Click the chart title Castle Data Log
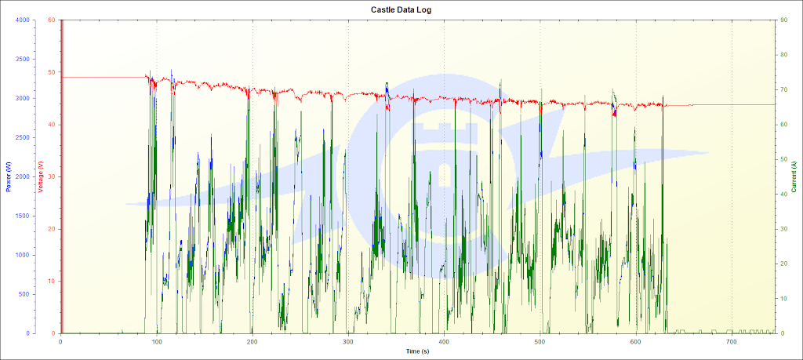pyautogui.click(x=401, y=9)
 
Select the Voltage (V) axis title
pyautogui.click(x=40, y=176)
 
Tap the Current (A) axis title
pyautogui.click(x=794, y=176)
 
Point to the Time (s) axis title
pyautogui.click(x=417, y=352)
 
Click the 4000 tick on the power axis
pyautogui.click(x=20, y=20)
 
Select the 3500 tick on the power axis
pyautogui.click(x=20, y=59)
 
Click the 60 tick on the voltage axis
pyautogui.click(x=52, y=20)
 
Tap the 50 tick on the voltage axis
pyautogui.click(x=52, y=72)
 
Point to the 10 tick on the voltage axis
pyautogui.click(x=52, y=281)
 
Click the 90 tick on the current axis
pyautogui.click(x=783, y=20)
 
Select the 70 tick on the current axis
pyautogui.click(x=783, y=89)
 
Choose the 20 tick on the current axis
pyautogui.click(x=783, y=264)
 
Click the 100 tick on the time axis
pyautogui.click(x=157, y=342)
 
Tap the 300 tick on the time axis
pyautogui.click(x=348, y=342)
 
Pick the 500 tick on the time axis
pyautogui.click(x=540, y=342)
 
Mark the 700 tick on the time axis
pyautogui.click(x=732, y=342)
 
